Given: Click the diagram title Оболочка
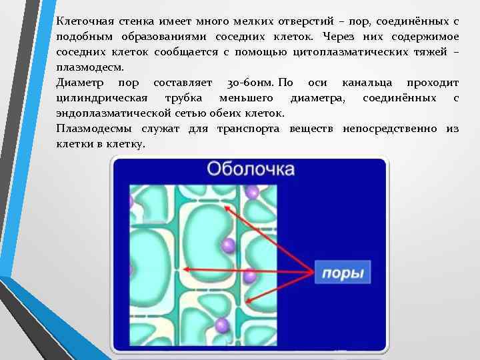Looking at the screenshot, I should point(250,169).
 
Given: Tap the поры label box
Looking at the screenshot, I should point(343,273).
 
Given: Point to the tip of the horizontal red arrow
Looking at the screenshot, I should point(183,269).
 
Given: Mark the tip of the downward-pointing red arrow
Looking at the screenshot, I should point(247,299).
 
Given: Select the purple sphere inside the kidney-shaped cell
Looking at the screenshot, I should point(229,245).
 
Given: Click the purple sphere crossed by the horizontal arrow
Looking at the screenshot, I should point(250,275).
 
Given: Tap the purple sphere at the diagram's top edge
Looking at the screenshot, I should point(252,192).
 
